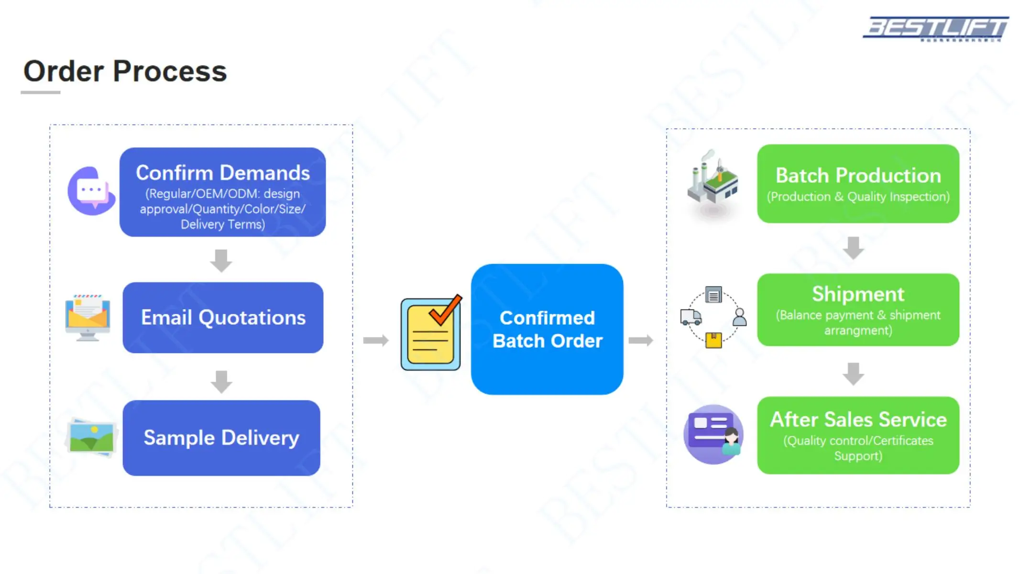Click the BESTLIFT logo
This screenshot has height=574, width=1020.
936,29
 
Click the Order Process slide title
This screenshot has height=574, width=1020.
125,71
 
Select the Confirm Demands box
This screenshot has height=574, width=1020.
223,192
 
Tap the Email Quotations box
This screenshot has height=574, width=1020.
223,318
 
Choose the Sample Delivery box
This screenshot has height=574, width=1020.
221,438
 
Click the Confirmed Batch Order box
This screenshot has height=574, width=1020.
547,329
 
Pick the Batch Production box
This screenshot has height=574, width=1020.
858,184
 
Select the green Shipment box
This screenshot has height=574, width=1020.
858,310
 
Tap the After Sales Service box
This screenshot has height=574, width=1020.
858,435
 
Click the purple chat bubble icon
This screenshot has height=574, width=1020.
91,191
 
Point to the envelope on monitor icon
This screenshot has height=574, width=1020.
88,317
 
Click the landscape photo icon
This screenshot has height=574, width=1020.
91,437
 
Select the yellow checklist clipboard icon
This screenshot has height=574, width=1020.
431,332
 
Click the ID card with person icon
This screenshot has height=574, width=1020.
713,434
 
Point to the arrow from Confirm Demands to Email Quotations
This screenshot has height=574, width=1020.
221,261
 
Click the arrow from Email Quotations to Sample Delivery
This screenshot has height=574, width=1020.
221,382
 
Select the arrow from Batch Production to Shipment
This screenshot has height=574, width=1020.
854,248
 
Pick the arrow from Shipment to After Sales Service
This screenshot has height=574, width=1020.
854,374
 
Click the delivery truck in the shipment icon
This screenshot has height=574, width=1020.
691,317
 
